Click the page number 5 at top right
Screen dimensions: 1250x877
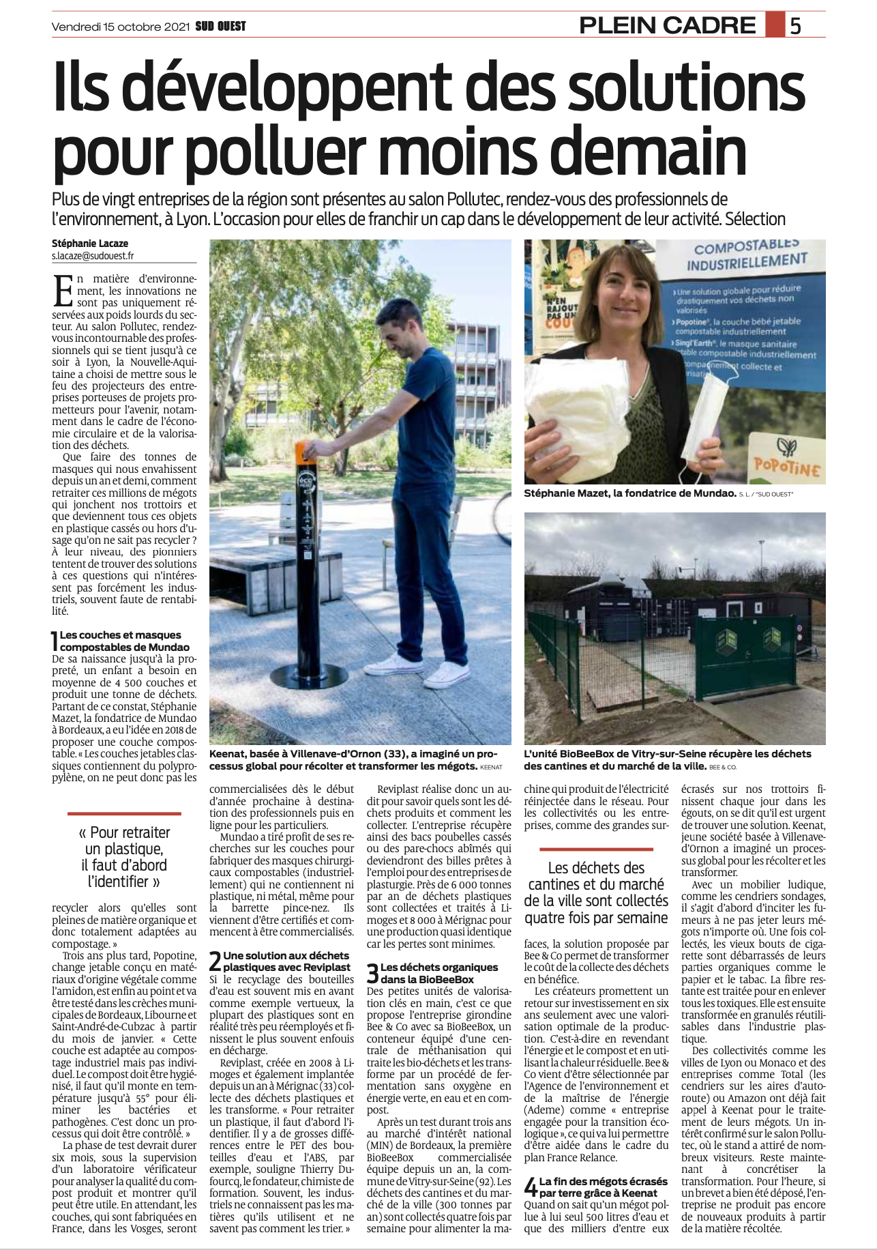[x=795, y=25]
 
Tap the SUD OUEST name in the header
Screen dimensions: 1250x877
[x=220, y=27]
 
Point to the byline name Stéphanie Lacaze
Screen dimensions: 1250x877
[x=90, y=244]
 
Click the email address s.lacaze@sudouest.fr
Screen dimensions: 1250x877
[x=93, y=256]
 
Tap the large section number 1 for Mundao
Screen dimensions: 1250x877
[x=55, y=641]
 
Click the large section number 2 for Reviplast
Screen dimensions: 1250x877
[x=215, y=961]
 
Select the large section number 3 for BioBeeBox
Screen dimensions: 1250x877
[x=372, y=973]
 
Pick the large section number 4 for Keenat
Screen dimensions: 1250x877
[x=531, y=1187]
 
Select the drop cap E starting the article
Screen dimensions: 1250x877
[x=63, y=291]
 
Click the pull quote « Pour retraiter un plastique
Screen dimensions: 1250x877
[x=124, y=857]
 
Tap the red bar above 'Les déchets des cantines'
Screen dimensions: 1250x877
[x=596, y=849]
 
